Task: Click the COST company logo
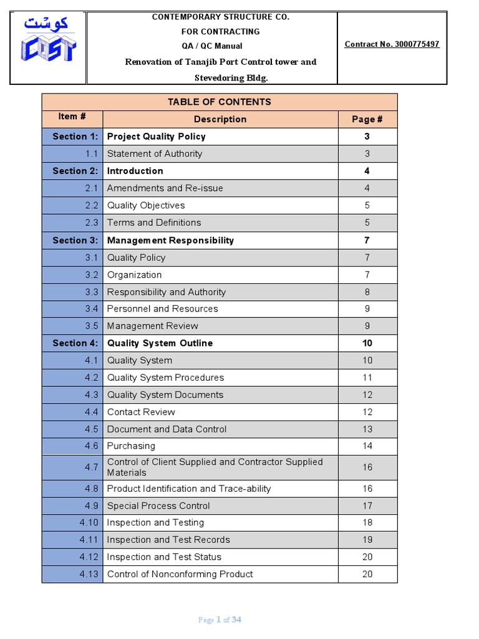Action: pos(48,41)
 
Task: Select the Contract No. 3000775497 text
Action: pos(392,44)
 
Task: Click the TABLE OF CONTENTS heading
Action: pos(219,102)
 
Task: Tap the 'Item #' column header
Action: pos(72,117)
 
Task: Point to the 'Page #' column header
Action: pos(367,119)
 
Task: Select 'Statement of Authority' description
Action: pos(155,154)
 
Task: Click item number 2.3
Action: pos(92,223)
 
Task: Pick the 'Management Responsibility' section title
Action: pos(170,240)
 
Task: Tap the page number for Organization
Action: pos(367,275)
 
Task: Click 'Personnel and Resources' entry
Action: pos(162,309)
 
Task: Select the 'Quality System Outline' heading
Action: pos(160,343)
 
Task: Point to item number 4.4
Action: pos(92,412)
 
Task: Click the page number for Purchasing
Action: pos(367,446)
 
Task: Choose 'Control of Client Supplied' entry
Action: pos(215,467)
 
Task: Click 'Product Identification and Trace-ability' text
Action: pos(189,489)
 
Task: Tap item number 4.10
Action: pos(89,523)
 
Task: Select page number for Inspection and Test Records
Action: pos(367,540)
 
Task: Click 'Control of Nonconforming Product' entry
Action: pos(180,574)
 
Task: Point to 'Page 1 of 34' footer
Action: pos(220,620)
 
